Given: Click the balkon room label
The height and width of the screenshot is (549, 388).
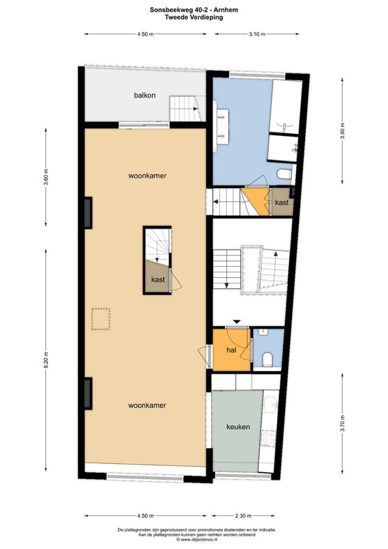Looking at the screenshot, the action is pyautogui.click(x=145, y=95).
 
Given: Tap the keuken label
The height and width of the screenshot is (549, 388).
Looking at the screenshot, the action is pyautogui.click(x=238, y=427).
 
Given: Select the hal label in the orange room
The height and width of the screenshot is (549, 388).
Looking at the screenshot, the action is pyautogui.click(x=231, y=350).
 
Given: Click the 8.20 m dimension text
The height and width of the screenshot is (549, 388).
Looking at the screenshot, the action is pyautogui.click(x=46, y=360).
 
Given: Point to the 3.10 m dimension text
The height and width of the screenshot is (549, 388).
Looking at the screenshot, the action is pyautogui.click(x=257, y=34).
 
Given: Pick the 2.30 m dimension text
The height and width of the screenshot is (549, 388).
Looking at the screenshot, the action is pyautogui.click(x=243, y=516).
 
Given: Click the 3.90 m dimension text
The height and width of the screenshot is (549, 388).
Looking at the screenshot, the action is pyautogui.click(x=342, y=131).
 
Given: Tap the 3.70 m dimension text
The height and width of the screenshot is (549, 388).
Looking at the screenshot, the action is pyautogui.click(x=342, y=423).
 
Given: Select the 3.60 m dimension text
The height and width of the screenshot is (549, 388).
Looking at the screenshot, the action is pyautogui.click(x=46, y=177).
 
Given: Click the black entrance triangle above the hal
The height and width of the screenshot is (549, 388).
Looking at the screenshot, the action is pyautogui.click(x=237, y=321).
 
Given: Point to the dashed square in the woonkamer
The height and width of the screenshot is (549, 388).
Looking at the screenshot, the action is pyautogui.click(x=101, y=319).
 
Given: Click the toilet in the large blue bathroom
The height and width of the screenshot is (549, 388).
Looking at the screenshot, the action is pyautogui.click(x=284, y=174).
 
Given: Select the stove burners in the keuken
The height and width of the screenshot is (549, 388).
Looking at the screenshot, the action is pyautogui.click(x=268, y=438).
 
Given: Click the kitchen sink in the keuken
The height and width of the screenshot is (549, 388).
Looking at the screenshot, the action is pyautogui.click(x=271, y=406).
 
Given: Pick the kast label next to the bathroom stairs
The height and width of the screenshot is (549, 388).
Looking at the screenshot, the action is pyautogui.click(x=282, y=202).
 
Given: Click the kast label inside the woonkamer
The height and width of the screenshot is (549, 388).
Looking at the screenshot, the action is pyautogui.click(x=158, y=279).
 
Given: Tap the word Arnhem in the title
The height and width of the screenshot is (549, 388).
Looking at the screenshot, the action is pyautogui.click(x=226, y=10).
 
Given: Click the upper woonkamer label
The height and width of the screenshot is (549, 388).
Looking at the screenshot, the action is pyautogui.click(x=147, y=176).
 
